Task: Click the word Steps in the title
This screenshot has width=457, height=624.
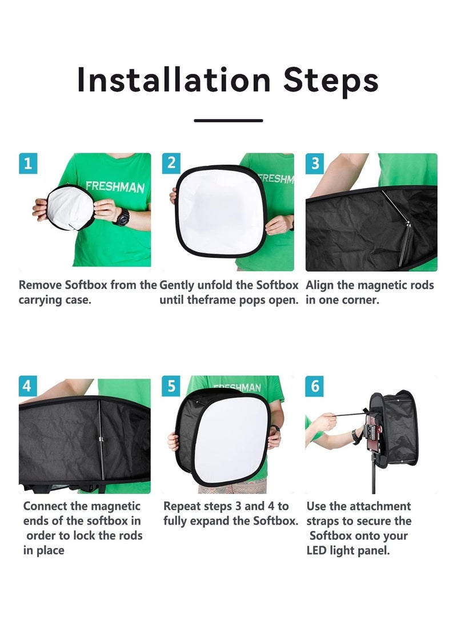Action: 331,81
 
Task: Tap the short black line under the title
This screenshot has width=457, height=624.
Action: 228,121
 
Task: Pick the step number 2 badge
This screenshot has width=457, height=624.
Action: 171,163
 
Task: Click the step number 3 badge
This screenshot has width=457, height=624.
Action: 315,163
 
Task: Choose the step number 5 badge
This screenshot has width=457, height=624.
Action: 171,386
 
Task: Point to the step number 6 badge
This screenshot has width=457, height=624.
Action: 315,386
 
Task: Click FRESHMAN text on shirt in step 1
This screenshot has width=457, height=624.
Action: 115,187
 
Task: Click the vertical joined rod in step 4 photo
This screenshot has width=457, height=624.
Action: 101,440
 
